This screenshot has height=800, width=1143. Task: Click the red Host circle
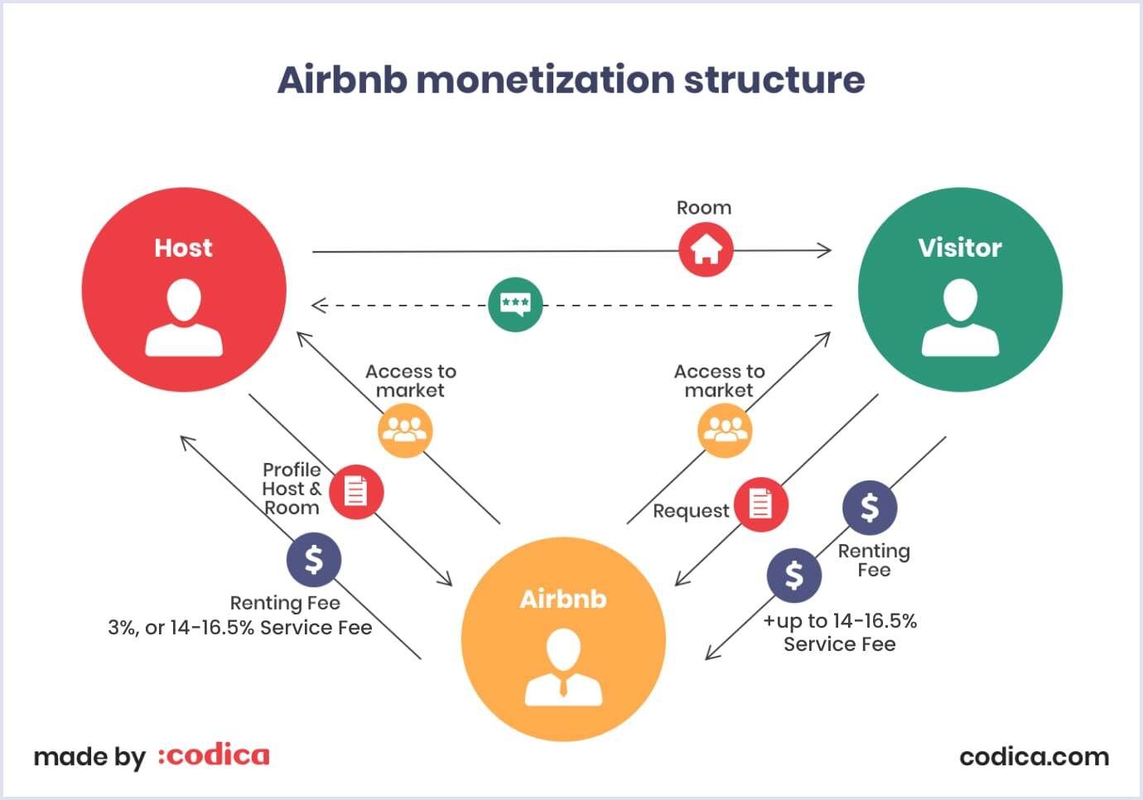[x=184, y=289]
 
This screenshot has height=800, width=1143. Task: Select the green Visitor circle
[x=960, y=289]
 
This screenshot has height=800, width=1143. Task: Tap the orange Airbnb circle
[x=563, y=639]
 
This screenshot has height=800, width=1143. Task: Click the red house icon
[x=706, y=249]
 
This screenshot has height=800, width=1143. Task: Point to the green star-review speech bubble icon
[x=515, y=305]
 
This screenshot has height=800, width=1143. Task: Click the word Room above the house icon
[x=704, y=208]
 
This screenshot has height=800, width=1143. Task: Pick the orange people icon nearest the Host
[x=405, y=431]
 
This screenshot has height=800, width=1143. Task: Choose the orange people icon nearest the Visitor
[x=725, y=430]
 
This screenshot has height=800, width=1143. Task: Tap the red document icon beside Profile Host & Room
[x=356, y=492]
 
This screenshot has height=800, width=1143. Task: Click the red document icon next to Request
[x=760, y=504]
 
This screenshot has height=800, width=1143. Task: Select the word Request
[x=691, y=511]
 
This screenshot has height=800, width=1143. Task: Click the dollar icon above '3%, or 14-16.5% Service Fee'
[x=314, y=560]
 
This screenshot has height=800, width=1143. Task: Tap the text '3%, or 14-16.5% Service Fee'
[x=240, y=628]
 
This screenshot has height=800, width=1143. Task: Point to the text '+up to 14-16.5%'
[x=840, y=621]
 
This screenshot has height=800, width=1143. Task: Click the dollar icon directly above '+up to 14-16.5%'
[x=793, y=575]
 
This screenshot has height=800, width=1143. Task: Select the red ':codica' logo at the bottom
[x=214, y=755]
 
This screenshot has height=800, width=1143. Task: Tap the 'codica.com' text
[x=1034, y=756]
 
